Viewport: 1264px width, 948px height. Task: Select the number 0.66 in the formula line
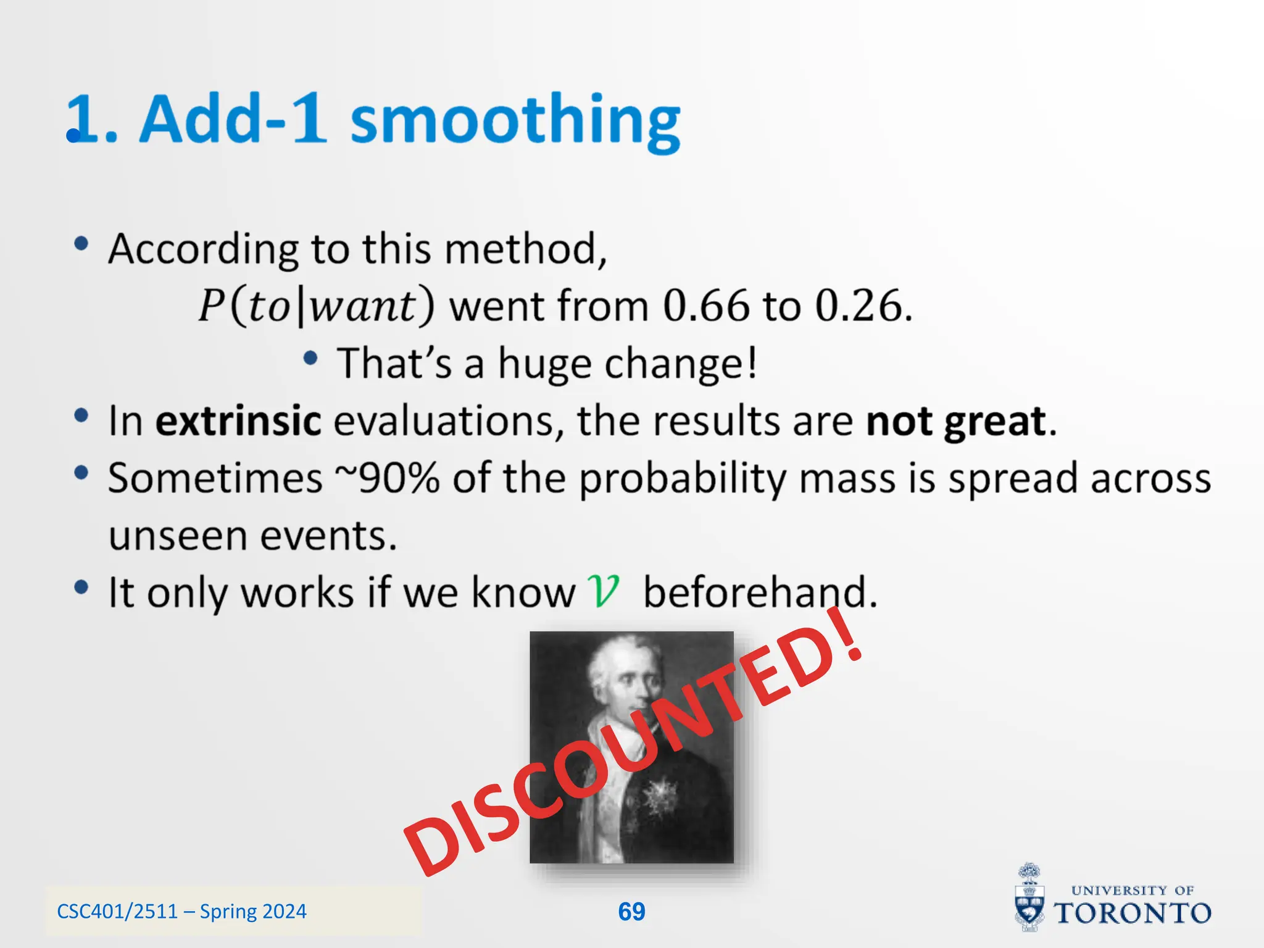coord(705,306)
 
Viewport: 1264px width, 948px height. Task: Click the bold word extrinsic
coord(238,421)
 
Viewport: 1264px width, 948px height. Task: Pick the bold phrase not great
coord(955,421)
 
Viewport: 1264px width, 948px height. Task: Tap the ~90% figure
coord(387,478)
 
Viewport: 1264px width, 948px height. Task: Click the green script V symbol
coord(602,591)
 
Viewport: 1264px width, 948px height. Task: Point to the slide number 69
coord(631,912)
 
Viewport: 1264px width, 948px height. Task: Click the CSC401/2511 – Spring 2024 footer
coord(181,912)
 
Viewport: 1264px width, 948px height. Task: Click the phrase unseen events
coord(252,535)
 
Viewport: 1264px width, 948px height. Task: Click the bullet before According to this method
coord(81,244)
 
